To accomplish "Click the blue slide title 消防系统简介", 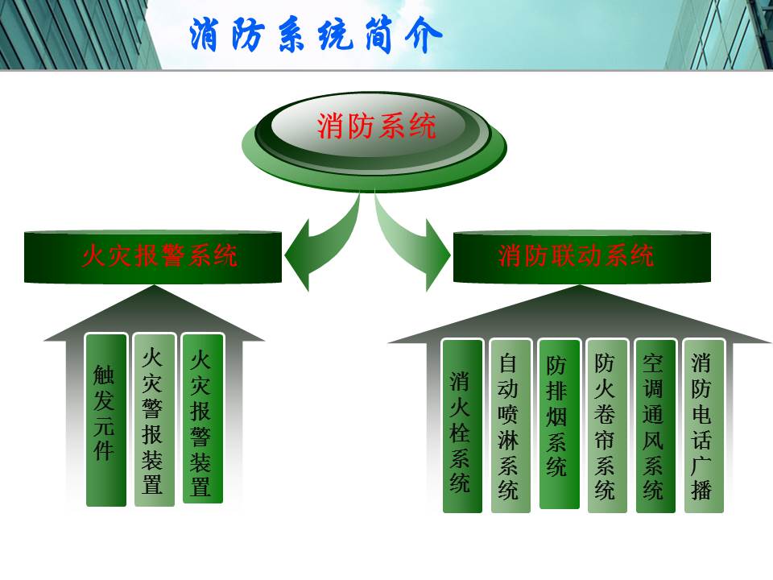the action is (316, 35).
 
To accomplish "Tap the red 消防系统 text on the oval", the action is (376, 126).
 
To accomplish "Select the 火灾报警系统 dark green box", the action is (153, 256).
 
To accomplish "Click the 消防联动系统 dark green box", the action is (581, 256).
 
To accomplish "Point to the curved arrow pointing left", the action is (325, 242).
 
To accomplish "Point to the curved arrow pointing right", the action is (409, 242).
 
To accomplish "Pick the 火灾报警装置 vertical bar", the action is (203, 419).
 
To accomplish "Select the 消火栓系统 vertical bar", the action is (462, 426).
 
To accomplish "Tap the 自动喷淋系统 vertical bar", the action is (511, 426).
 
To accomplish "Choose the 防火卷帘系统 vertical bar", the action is (607, 426).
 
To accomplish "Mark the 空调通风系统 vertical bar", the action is (655, 426).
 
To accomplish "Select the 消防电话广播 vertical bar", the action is (704, 426).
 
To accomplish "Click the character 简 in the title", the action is (378, 35).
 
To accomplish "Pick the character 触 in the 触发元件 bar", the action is (104, 375).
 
